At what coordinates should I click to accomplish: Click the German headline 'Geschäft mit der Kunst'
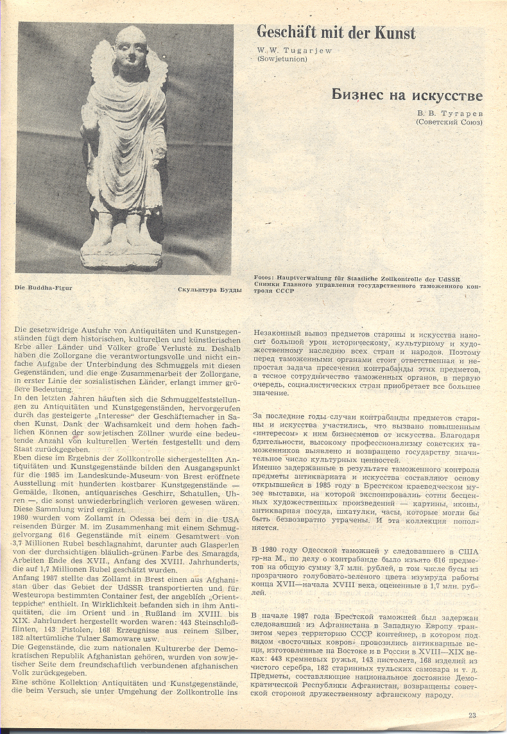click(336, 33)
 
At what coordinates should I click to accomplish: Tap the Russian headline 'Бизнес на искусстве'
click(407, 96)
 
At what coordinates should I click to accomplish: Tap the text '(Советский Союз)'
click(449, 121)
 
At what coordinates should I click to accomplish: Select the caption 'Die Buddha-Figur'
click(43, 287)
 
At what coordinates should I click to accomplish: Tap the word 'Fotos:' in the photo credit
click(265, 278)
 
